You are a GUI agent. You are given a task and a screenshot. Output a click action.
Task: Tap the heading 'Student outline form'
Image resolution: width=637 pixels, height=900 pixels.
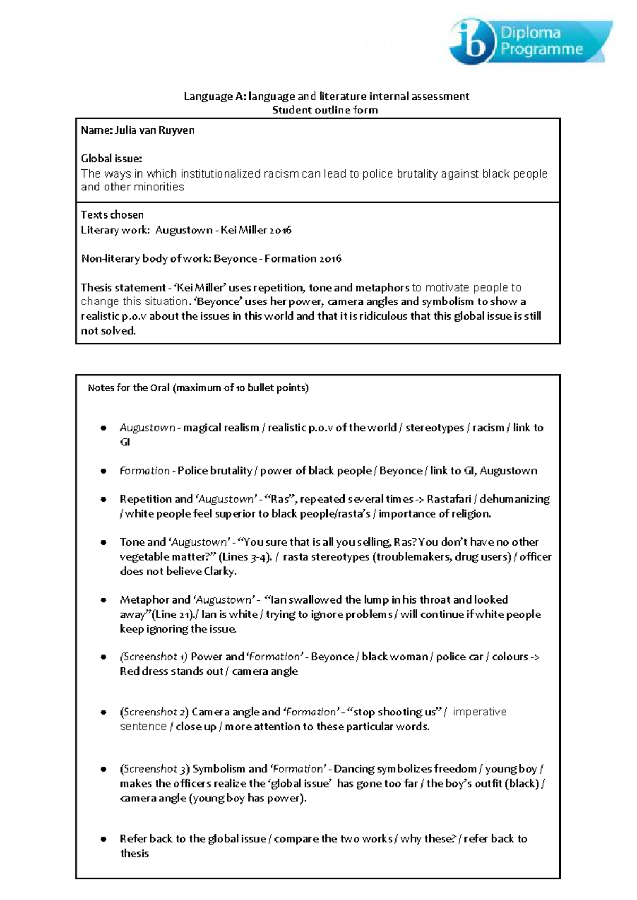pyautogui.click(x=325, y=110)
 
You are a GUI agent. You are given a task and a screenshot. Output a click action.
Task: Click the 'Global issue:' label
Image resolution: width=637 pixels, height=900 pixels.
pyautogui.click(x=111, y=158)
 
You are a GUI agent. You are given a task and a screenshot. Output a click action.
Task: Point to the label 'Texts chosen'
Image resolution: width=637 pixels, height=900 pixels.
pyautogui.click(x=112, y=215)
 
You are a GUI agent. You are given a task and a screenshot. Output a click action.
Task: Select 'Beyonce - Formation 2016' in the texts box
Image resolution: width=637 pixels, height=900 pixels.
pyautogui.click(x=278, y=259)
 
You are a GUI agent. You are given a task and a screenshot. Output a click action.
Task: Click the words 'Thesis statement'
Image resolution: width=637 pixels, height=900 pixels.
pyautogui.click(x=123, y=288)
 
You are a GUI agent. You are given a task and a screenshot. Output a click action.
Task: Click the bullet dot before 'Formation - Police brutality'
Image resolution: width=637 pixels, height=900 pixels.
pyautogui.click(x=104, y=471)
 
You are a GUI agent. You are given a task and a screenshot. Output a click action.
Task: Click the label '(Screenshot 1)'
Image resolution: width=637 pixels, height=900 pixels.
pyautogui.click(x=153, y=657)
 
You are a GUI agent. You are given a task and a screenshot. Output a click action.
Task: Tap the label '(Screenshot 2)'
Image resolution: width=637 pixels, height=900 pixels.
pyautogui.click(x=154, y=712)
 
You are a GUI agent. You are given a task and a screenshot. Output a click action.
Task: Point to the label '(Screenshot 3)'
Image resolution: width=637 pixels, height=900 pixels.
pyautogui.click(x=154, y=769)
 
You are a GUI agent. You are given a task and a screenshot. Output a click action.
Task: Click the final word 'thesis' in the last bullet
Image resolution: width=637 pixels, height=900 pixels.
pyautogui.click(x=134, y=853)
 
